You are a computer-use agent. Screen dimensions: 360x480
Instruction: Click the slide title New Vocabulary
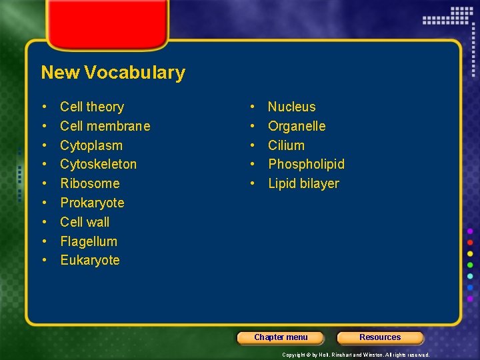(x=113, y=73)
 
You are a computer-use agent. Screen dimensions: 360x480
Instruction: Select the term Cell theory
(x=92, y=107)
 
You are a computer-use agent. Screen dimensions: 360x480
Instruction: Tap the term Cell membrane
(x=105, y=126)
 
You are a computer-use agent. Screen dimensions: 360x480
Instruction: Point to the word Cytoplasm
(x=91, y=145)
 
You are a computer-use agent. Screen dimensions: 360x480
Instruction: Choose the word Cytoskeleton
(x=98, y=164)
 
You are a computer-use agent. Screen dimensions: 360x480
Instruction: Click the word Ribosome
(x=90, y=183)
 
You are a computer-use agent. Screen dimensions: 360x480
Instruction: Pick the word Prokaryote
(x=92, y=203)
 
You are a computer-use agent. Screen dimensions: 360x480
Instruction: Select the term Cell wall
(x=85, y=222)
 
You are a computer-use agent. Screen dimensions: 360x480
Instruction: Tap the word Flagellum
(x=89, y=241)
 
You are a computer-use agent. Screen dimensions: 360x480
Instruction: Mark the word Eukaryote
(x=90, y=260)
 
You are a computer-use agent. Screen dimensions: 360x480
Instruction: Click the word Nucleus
(x=291, y=107)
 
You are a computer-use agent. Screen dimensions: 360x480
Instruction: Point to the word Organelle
(x=297, y=126)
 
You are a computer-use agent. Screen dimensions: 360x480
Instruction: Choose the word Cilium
(x=286, y=145)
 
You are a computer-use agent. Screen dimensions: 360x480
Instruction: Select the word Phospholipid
(x=306, y=164)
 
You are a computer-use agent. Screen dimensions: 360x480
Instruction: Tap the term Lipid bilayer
(x=303, y=183)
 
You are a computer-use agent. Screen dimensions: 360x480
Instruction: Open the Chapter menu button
(x=281, y=337)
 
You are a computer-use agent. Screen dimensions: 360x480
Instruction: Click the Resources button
(x=380, y=337)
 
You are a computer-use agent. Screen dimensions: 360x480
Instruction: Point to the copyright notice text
(x=356, y=355)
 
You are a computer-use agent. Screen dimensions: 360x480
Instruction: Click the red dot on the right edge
(x=470, y=242)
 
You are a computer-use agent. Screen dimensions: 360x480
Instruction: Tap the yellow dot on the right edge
(x=470, y=254)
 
